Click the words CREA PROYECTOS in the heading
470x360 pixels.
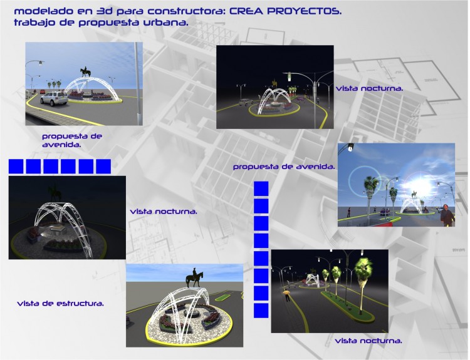click(x=285, y=11)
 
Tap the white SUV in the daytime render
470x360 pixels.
click(x=55, y=98)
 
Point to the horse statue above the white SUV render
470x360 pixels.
click(x=85, y=72)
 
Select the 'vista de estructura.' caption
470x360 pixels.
click(x=61, y=304)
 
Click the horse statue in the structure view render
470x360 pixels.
click(x=194, y=278)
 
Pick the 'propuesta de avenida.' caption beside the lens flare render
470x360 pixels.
click(x=284, y=167)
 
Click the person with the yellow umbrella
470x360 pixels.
click(x=287, y=295)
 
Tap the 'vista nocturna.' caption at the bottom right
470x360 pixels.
click(x=368, y=341)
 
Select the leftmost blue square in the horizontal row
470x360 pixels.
click(x=16, y=167)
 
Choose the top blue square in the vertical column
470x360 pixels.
click(x=261, y=188)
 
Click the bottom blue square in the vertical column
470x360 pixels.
click(x=261, y=311)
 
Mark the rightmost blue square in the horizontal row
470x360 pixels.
click(x=103, y=167)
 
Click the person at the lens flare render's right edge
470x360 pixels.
click(x=447, y=215)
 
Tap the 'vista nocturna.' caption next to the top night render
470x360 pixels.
click(x=369, y=89)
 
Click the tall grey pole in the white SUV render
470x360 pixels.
click(x=138, y=83)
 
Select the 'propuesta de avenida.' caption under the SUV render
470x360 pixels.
click(x=72, y=140)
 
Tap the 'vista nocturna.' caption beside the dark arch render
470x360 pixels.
click(x=164, y=212)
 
